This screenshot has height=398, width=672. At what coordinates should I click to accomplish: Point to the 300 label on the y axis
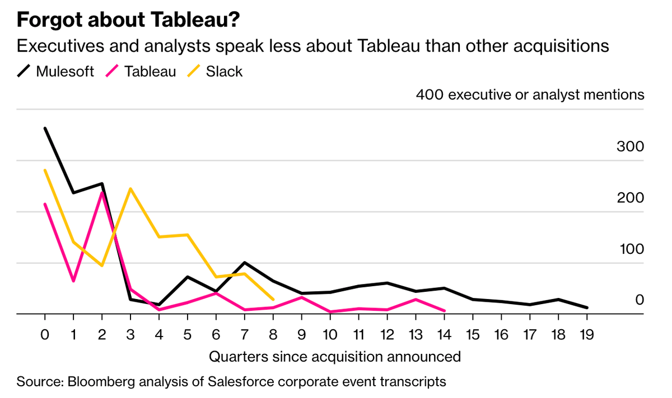[630, 147]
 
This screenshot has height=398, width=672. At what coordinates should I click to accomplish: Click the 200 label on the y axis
[630, 198]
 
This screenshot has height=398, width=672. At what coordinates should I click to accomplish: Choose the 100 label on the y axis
[630, 249]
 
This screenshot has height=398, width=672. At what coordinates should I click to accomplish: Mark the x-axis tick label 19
[586, 335]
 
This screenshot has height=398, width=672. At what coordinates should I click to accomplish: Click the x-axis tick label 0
[45, 335]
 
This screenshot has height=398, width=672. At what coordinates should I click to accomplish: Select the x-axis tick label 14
[444, 335]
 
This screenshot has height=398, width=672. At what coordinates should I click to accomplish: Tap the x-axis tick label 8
[273, 335]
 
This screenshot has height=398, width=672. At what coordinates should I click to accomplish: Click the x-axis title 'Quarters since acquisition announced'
[335, 357]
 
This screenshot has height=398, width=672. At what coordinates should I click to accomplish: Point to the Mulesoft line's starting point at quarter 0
[45, 129]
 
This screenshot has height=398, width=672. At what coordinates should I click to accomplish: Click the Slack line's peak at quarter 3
[130, 189]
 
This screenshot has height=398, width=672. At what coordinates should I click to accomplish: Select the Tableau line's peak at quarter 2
[102, 193]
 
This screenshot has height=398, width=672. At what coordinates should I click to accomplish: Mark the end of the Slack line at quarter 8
[273, 300]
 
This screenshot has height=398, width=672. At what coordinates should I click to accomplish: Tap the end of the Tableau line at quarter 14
[444, 311]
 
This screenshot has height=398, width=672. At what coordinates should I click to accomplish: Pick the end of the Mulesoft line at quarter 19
[586, 307]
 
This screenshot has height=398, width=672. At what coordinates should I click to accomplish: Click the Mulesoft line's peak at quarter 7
[244, 263]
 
